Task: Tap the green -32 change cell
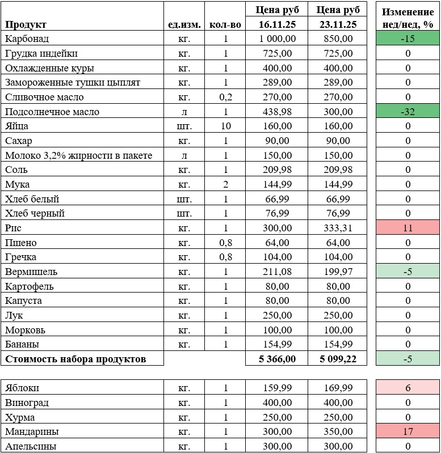408,112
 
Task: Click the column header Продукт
26,24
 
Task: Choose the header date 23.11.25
336,24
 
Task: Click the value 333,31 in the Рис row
336,228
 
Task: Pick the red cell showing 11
408,228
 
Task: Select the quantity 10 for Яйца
225,126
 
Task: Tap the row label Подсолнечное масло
52,112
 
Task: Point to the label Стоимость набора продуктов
75,359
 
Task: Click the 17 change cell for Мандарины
408,432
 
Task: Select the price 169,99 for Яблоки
336,388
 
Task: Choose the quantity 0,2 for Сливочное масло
225,97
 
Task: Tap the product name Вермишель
31,272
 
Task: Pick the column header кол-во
225,24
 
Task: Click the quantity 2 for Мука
225,184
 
